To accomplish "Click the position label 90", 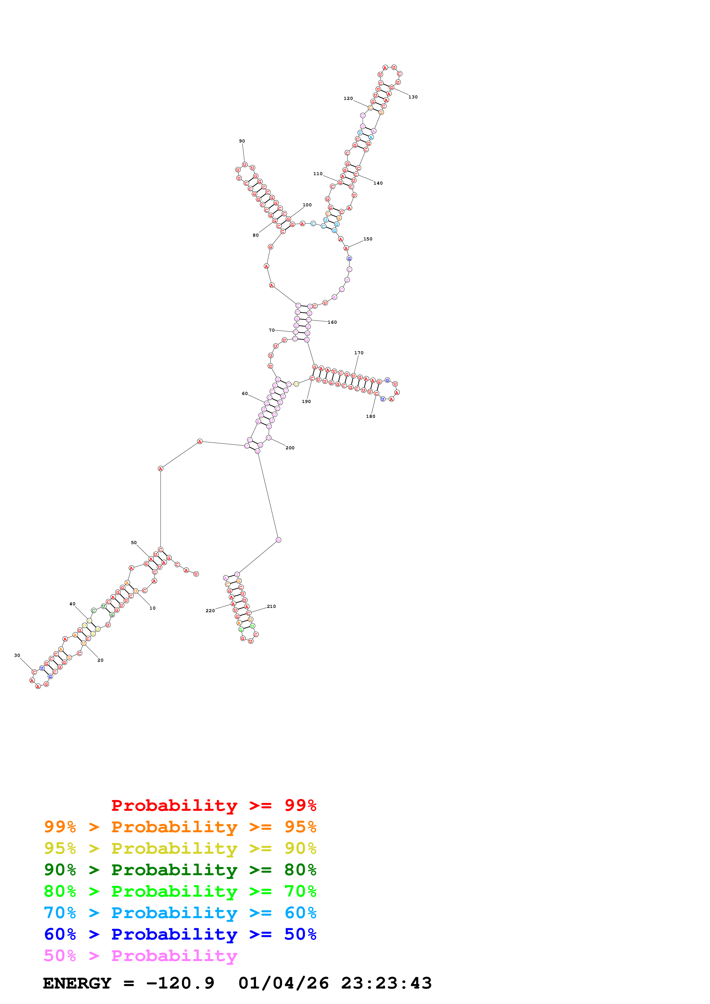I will [x=242, y=141].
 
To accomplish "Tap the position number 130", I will [x=413, y=97].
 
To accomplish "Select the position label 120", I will [x=348, y=98].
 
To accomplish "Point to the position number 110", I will [x=318, y=174].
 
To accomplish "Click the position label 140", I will [x=378, y=183].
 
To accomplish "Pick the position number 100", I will [x=307, y=205].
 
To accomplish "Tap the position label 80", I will [x=255, y=235].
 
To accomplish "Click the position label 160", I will [x=333, y=322].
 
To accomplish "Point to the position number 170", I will [x=359, y=353].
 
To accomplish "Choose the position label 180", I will [x=371, y=416].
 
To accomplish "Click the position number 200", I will [x=290, y=448].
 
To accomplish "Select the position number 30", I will [x=17, y=655].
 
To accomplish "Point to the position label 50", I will [x=134, y=543].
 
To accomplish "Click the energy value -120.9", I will [x=180, y=983].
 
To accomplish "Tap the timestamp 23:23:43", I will [x=386, y=983].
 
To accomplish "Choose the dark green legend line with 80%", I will [x=180, y=870].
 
